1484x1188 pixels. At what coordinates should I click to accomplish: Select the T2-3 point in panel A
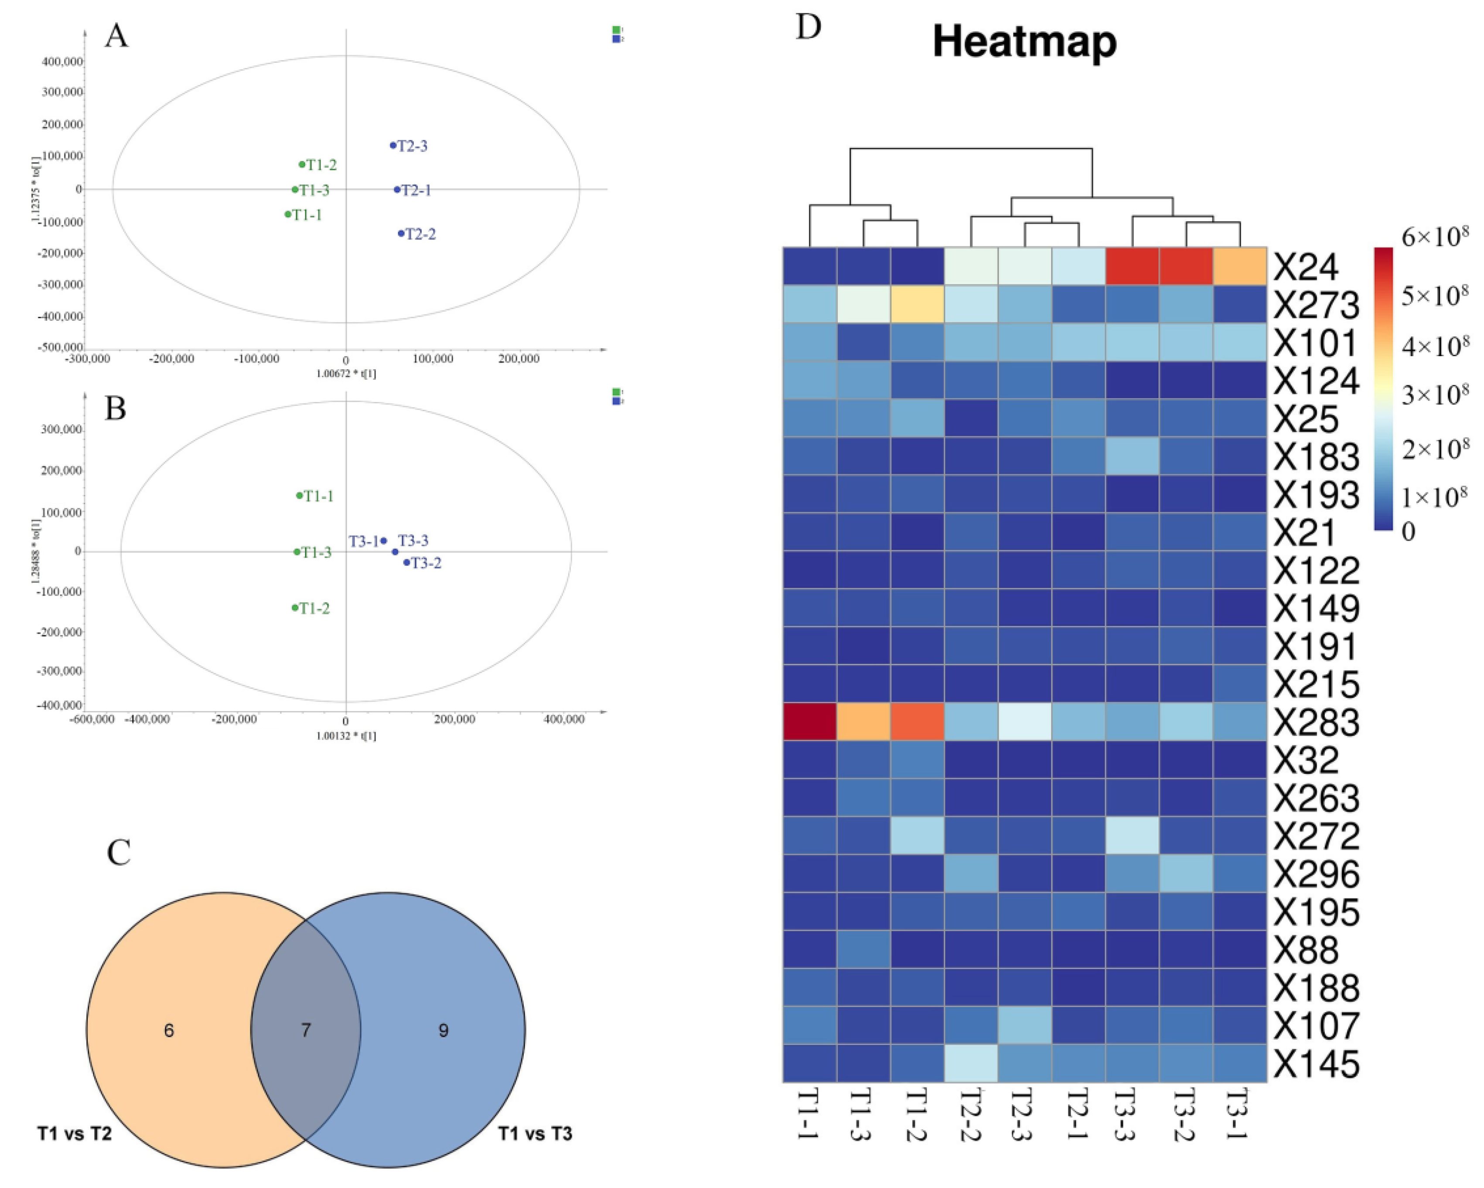coord(393,145)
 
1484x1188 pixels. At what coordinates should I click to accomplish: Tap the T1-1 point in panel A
coord(288,214)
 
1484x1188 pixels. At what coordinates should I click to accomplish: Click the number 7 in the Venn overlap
coord(306,1030)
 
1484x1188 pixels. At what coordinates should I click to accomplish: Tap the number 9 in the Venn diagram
coord(443,1030)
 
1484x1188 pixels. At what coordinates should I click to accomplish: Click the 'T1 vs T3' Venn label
coord(535,1134)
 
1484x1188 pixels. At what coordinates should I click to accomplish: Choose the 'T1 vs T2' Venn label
coord(74,1134)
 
